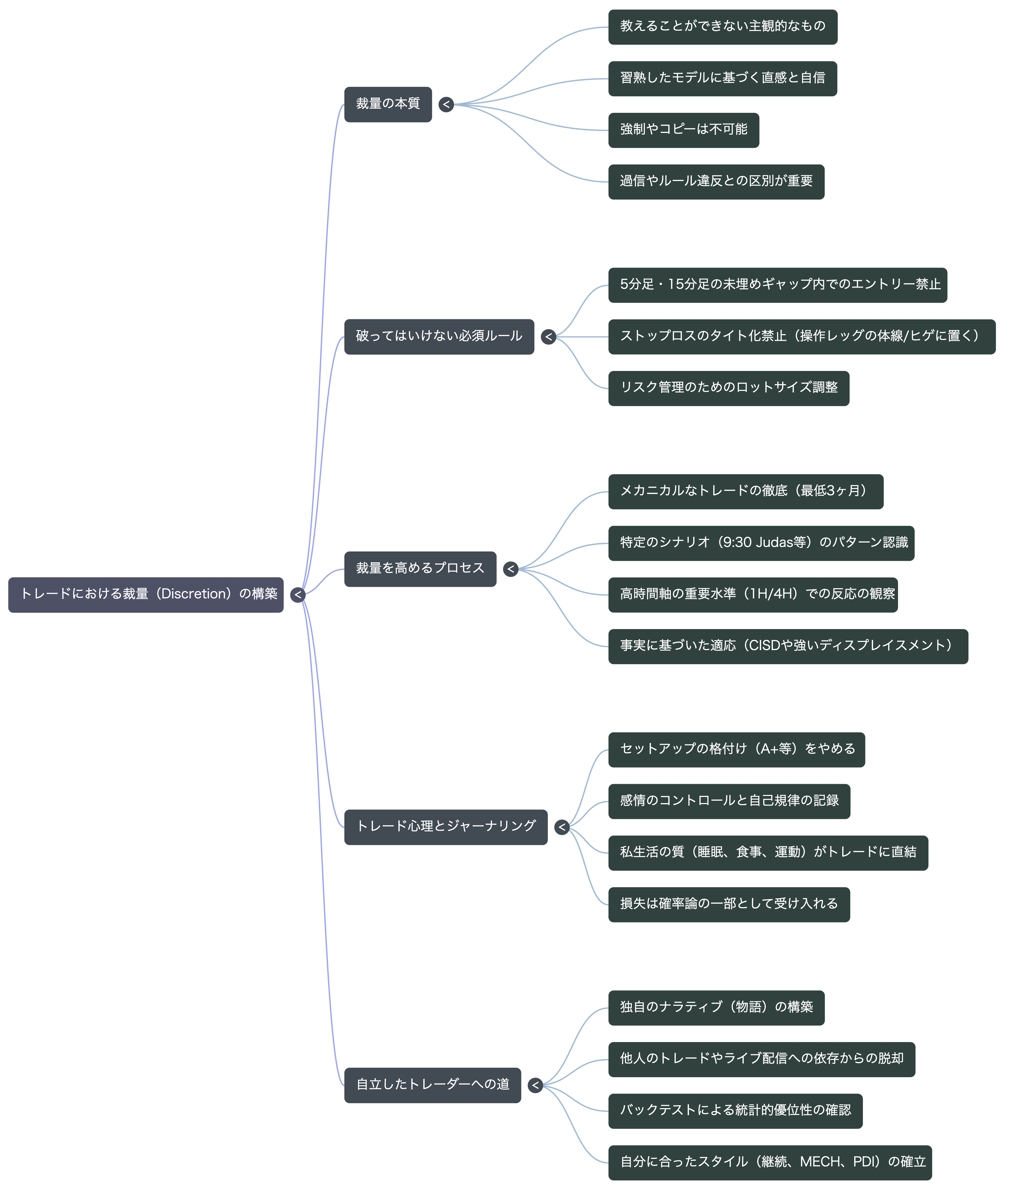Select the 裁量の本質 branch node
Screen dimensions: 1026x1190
click(x=388, y=104)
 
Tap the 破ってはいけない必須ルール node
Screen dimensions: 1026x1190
click(x=439, y=337)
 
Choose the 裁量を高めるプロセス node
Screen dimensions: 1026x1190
click(x=420, y=569)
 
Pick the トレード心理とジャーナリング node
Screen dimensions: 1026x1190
click(x=446, y=827)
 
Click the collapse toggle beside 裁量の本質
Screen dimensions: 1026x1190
click(x=446, y=104)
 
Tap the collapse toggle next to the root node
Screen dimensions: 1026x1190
click(x=297, y=595)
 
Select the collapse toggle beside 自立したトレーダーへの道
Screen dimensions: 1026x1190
click(x=535, y=1086)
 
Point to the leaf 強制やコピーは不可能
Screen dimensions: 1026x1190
click(x=684, y=130)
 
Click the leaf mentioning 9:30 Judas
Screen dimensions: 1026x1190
click(x=761, y=543)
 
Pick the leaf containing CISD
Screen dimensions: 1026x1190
click(x=788, y=647)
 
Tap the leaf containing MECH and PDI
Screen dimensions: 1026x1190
click(x=770, y=1163)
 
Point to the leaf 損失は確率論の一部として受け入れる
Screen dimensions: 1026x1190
click(x=729, y=905)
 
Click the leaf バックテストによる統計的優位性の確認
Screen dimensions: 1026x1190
click(x=735, y=1111)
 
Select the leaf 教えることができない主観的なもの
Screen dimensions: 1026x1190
click(x=723, y=27)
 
